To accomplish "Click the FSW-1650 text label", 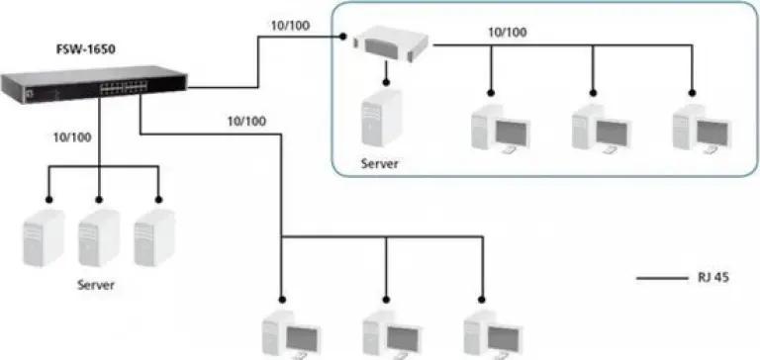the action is click(x=86, y=49).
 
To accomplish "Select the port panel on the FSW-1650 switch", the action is click(x=123, y=87).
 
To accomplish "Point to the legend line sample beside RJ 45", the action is click(x=662, y=279).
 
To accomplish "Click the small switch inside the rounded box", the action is click(x=391, y=45).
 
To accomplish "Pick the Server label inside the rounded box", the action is click(x=380, y=163).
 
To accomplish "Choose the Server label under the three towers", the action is click(x=96, y=285).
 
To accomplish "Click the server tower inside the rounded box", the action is click(x=381, y=118).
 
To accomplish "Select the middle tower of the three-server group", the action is click(x=99, y=238).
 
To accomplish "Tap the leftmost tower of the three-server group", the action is click(x=44, y=238).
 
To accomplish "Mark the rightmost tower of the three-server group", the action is click(x=154, y=238).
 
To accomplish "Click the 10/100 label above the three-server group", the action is click(x=72, y=137).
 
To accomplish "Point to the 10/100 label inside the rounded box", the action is click(x=507, y=33).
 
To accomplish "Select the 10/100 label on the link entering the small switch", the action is click(x=290, y=26).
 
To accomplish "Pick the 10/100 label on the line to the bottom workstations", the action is click(x=246, y=121).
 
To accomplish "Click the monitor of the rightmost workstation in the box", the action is click(x=712, y=134).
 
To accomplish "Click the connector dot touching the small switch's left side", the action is click(x=342, y=37).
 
